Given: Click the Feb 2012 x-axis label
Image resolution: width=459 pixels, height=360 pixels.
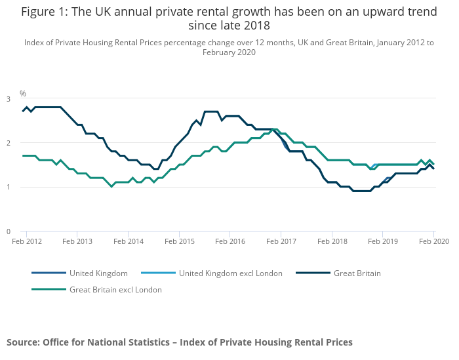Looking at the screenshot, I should (x=26, y=241).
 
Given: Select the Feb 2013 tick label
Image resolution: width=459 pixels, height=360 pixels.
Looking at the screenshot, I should (x=77, y=241).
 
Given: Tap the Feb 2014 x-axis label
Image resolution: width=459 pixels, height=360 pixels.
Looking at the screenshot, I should (x=129, y=241).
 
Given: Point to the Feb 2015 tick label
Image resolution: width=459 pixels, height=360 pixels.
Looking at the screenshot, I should (x=180, y=241).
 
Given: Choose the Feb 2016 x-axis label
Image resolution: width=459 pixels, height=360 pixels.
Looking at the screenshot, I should (x=230, y=241).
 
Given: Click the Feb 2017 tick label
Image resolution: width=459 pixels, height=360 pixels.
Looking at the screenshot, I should (x=281, y=241).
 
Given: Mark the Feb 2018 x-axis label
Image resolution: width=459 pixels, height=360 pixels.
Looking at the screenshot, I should (x=332, y=241).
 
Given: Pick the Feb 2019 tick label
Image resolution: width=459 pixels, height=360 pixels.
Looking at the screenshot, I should (x=384, y=241).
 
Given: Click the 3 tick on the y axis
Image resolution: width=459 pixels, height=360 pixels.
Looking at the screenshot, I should (x=9, y=99).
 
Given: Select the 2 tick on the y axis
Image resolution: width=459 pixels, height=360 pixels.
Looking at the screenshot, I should (x=9, y=143).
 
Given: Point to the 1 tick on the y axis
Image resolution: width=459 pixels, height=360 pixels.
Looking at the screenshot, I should (x=9, y=187).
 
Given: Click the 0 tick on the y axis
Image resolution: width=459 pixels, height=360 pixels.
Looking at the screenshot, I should (x=9, y=231).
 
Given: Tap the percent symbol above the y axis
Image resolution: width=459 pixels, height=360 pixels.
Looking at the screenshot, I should (x=22, y=94).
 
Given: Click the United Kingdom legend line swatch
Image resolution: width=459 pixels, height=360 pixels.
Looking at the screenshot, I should (x=48, y=273).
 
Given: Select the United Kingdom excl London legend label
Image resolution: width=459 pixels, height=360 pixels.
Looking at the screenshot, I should (x=230, y=273).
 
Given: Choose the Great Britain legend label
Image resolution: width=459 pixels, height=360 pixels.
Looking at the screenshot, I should (x=357, y=273).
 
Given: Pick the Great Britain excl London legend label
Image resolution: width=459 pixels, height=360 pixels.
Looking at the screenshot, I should (x=115, y=289).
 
